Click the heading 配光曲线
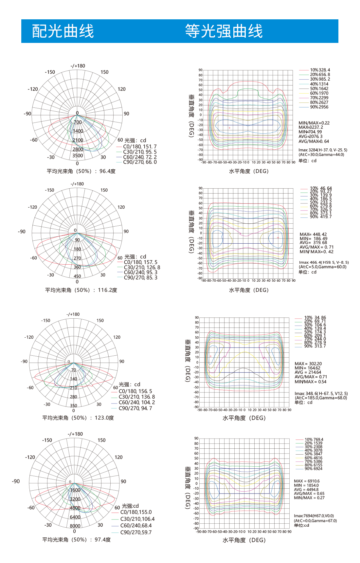point(63,31)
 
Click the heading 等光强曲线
point(224,31)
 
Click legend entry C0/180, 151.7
point(140,147)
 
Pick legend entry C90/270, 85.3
point(140,278)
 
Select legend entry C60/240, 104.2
point(137,403)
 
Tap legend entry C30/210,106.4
point(137,519)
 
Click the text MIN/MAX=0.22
point(314,123)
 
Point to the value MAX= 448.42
point(313,235)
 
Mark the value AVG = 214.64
point(308,372)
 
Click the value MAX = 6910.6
point(307,481)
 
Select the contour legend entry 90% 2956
point(319,107)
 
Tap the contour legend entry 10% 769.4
point(314,440)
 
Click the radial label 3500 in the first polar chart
point(78,156)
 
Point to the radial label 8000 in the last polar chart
point(75,526)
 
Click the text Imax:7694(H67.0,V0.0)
point(314,516)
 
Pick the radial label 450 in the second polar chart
point(77,276)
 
